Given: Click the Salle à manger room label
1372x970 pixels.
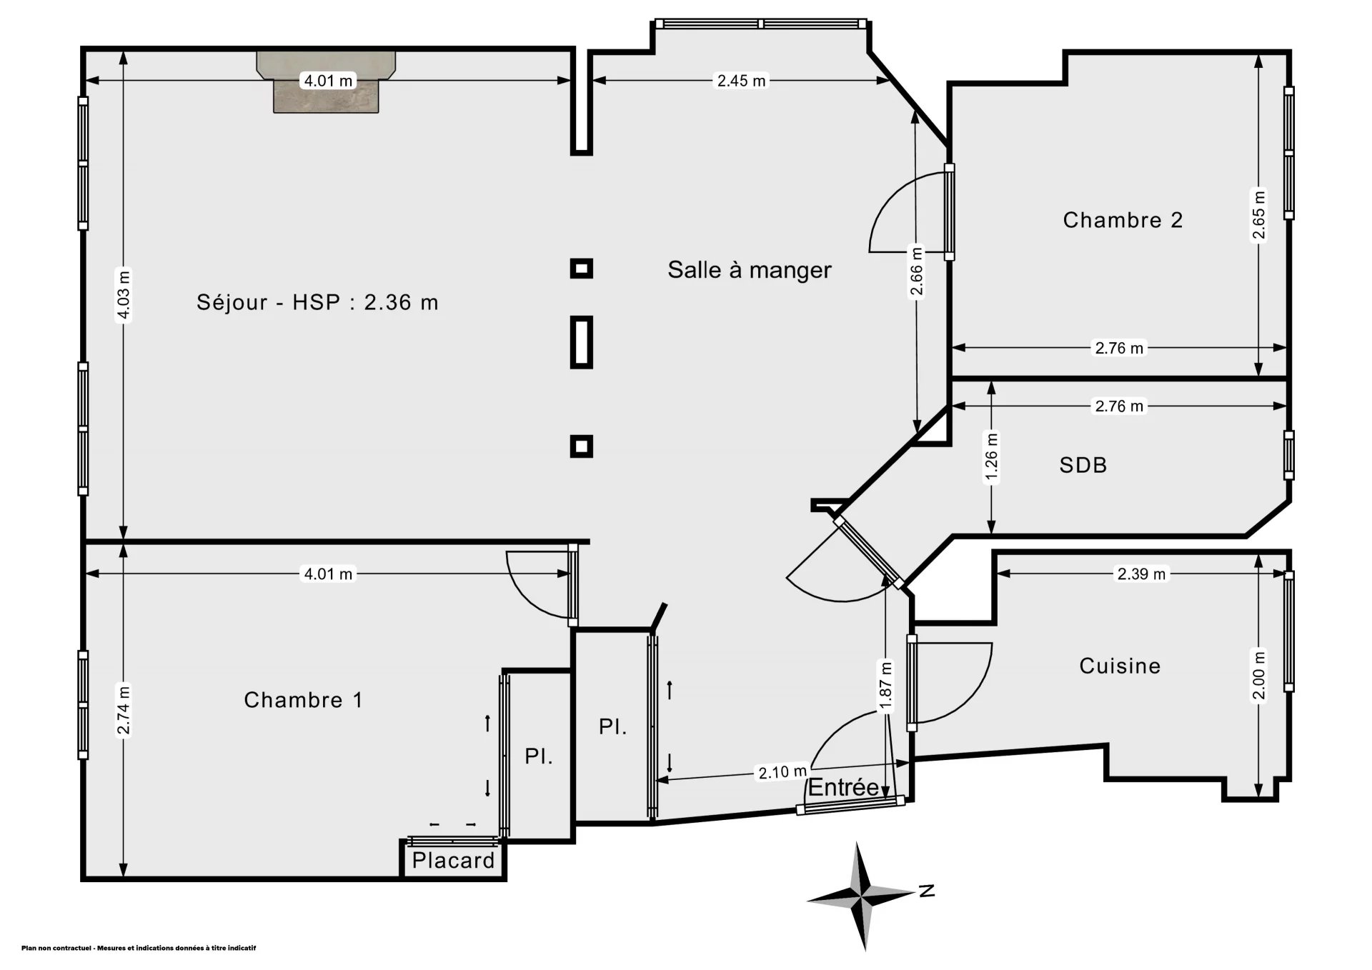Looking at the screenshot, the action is (750, 270).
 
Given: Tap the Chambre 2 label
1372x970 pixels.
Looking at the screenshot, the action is (1123, 220).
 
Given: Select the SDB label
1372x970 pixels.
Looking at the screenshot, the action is (1083, 465).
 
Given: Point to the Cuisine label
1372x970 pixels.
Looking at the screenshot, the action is (1120, 666).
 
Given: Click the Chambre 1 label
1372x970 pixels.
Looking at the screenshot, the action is (304, 699).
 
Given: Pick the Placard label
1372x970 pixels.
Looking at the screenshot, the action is (454, 861).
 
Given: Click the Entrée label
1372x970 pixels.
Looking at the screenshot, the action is (843, 787).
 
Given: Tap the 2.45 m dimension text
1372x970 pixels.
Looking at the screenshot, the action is (742, 81).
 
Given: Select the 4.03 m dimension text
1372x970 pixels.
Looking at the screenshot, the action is (124, 295).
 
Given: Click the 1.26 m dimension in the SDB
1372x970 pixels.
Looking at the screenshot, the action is (991, 458).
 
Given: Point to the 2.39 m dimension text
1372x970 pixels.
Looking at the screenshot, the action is (1141, 574).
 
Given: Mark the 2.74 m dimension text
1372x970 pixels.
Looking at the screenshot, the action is (124, 710).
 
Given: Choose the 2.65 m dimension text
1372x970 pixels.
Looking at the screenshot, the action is (1258, 216).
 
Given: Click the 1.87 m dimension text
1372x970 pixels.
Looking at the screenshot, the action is (886, 687).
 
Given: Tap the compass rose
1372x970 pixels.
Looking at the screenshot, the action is (861, 896).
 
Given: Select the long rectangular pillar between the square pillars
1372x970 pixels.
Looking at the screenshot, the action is (582, 342).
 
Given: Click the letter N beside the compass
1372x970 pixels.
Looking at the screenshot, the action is (927, 891).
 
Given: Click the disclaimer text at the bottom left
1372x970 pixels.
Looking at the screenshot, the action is (139, 949).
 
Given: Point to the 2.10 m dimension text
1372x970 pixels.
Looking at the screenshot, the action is (782, 772).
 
